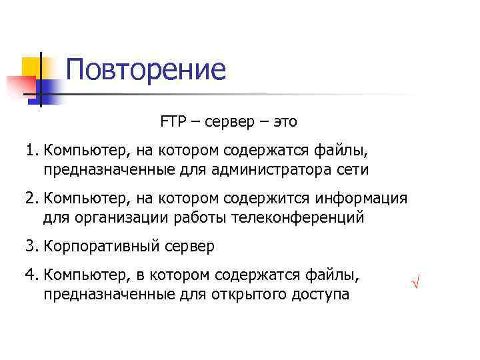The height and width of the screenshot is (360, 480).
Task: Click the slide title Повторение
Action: click(x=146, y=69)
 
